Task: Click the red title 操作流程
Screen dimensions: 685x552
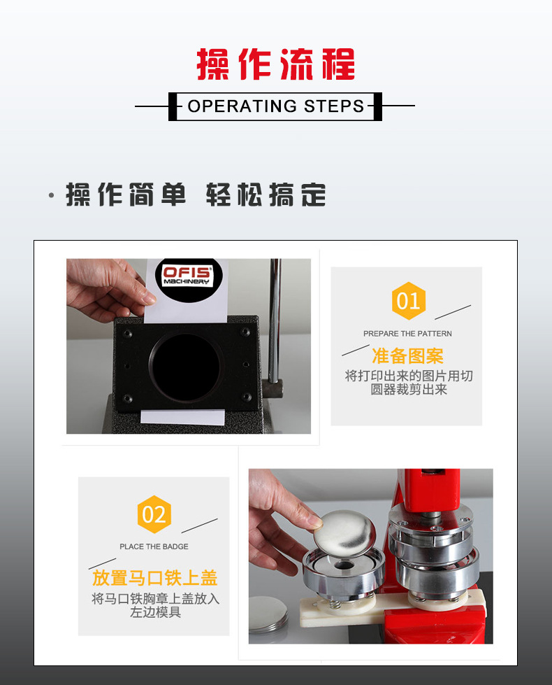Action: (x=275, y=64)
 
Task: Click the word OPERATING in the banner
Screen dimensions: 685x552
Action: (x=233, y=106)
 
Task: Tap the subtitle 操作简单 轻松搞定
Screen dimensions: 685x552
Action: (x=196, y=195)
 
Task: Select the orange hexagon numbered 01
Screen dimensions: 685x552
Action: (x=408, y=302)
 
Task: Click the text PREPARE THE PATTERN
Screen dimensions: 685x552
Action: (x=407, y=334)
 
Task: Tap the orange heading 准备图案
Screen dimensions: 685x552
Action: (x=407, y=355)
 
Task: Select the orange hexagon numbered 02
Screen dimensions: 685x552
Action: (x=154, y=515)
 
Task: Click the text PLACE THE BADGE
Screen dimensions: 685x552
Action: (x=154, y=546)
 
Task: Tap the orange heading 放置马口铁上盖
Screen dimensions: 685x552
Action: (x=154, y=578)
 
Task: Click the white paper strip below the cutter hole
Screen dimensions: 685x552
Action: (x=182, y=417)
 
